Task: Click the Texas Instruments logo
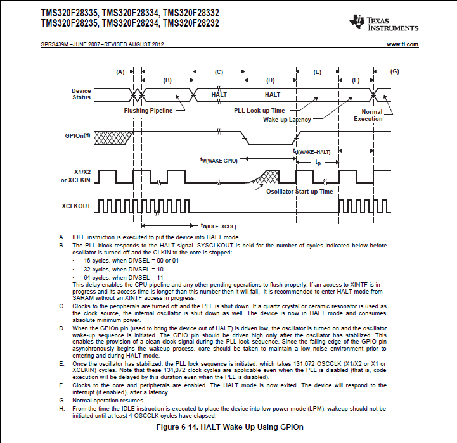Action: [x=383, y=23]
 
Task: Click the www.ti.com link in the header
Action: [x=402, y=44]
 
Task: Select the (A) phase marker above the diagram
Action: [x=121, y=72]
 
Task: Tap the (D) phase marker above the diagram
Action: [x=270, y=80]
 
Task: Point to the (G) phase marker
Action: [x=395, y=72]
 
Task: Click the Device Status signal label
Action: [x=81, y=94]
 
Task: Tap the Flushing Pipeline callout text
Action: [x=149, y=110]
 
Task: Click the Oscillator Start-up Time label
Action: [x=299, y=192]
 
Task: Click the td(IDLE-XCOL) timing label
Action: [x=218, y=226]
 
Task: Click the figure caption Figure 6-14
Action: [x=229, y=427]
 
